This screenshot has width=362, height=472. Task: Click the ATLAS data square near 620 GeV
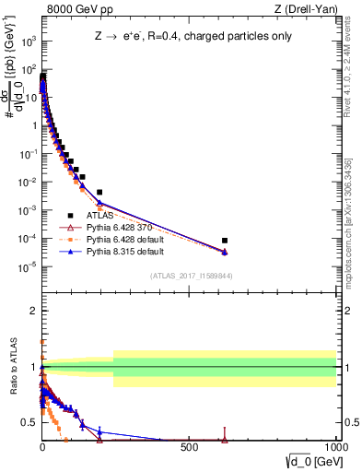click(x=225, y=241)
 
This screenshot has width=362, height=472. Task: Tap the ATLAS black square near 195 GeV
click(x=99, y=193)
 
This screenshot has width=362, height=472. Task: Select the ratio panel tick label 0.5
click(x=28, y=422)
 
